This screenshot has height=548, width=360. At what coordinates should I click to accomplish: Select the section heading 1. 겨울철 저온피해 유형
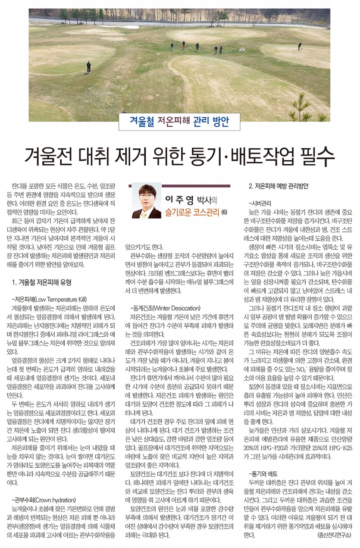pos(42,283)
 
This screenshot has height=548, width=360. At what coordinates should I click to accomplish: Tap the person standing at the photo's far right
pos(299,46)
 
